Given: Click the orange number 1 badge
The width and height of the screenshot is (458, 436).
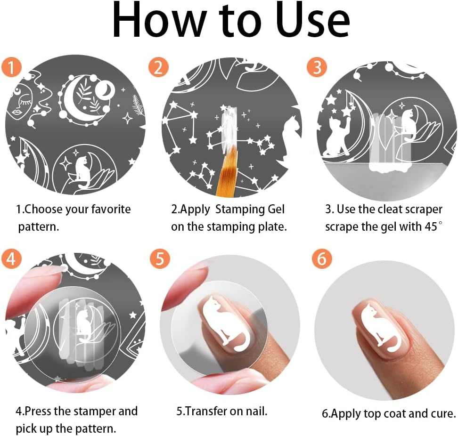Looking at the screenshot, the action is (11, 67).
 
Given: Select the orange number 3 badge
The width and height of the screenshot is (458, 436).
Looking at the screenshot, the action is (317, 67).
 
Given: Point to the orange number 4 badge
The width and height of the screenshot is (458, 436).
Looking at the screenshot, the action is (11, 258).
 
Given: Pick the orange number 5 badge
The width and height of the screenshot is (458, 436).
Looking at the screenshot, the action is (160, 258).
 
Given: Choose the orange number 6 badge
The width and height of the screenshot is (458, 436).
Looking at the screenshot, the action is (322, 258).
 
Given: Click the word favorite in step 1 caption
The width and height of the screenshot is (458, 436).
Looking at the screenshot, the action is (111, 209).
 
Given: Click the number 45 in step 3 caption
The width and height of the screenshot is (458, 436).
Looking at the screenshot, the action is (431, 226).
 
